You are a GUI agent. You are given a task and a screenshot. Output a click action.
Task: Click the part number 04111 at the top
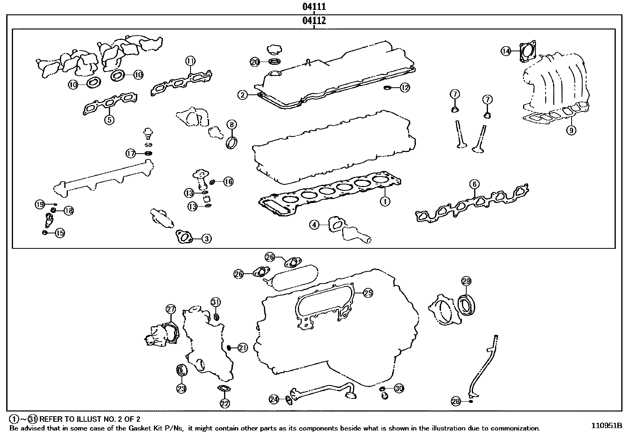(x=314, y=7)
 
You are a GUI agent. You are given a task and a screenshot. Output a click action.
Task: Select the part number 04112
(x=314, y=21)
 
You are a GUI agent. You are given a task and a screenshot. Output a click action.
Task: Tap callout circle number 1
(x=385, y=201)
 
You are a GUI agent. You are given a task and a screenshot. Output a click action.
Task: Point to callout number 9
(x=571, y=130)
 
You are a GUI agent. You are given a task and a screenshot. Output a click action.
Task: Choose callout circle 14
(x=506, y=51)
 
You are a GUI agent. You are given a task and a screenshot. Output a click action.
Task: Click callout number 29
(x=466, y=282)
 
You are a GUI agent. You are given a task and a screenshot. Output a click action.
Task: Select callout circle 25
(x=368, y=293)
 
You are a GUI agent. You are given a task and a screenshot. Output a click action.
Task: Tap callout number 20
(x=255, y=62)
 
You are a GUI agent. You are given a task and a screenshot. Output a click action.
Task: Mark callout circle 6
(x=474, y=184)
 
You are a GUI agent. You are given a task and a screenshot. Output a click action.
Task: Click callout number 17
(x=131, y=153)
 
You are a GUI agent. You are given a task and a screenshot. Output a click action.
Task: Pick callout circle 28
(x=456, y=402)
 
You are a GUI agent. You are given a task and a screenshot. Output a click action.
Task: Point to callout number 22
(x=224, y=403)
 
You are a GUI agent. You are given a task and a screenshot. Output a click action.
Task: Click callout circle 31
(x=215, y=302)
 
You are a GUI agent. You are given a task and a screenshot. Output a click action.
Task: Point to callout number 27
(x=170, y=309)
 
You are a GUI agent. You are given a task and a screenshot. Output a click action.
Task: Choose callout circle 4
(x=314, y=225)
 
